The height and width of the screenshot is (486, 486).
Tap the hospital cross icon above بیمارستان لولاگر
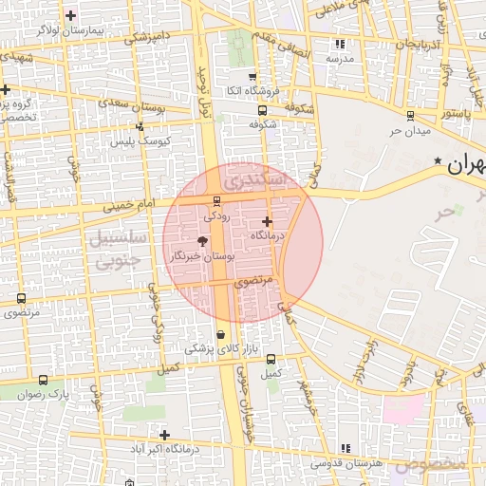click(x=71, y=15)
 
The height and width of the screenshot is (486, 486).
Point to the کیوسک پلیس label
click(x=140, y=140)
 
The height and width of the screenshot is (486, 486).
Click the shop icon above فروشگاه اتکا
click(x=252, y=77)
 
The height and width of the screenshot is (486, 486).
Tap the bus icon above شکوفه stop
click(x=262, y=110)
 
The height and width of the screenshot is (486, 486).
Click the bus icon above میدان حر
click(x=410, y=115)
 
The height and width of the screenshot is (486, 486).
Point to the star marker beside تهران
click(x=438, y=161)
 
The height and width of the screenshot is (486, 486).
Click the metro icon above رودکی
click(x=216, y=201)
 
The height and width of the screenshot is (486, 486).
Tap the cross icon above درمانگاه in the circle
click(x=266, y=221)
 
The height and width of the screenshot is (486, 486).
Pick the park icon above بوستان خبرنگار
click(x=201, y=242)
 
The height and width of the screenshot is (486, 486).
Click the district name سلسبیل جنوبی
click(x=116, y=248)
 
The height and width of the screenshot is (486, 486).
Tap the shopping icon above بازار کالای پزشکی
click(x=221, y=334)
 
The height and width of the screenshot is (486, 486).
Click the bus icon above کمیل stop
click(x=271, y=359)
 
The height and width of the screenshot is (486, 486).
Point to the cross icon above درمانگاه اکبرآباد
click(x=165, y=434)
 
